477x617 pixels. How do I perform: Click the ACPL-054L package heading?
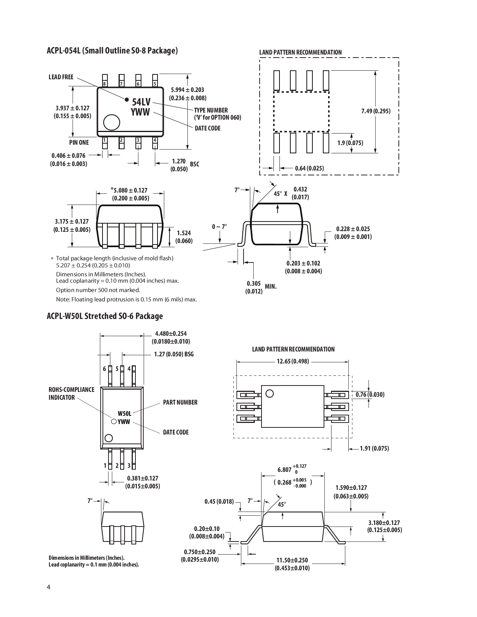(x=112, y=50)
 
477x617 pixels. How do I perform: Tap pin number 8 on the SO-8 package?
(x=105, y=84)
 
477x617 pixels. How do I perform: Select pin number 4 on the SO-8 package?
(x=155, y=140)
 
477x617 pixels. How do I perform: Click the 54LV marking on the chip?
(x=141, y=102)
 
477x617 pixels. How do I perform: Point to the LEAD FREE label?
(x=61, y=77)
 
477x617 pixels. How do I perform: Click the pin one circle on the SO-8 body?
(x=111, y=122)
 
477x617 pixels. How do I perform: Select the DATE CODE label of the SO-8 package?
(x=208, y=128)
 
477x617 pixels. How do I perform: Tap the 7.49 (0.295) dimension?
(x=376, y=111)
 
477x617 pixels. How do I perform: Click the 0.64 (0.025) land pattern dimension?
(x=309, y=168)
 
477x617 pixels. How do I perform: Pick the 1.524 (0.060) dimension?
(x=184, y=237)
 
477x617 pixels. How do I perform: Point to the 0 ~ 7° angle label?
(x=220, y=227)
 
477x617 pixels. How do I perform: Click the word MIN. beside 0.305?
(x=270, y=286)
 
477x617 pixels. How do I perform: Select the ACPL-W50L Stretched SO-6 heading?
(x=105, y=316)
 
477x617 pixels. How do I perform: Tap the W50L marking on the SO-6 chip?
(x=125, y=414)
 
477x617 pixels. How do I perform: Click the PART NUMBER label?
(x=180, y=402)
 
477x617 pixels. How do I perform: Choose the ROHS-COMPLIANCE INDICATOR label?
(x=71, y=393)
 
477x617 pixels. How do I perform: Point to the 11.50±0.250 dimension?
(x=292, y=560)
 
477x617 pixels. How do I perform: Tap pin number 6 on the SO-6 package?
(x=105, y=369)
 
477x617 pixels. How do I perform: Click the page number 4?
(x=49, y=587)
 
